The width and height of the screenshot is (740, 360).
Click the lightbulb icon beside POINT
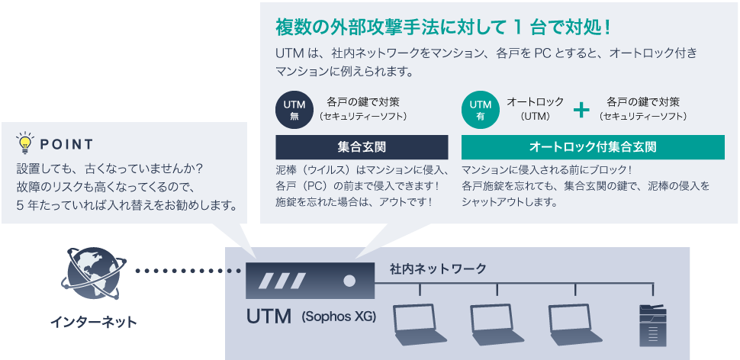[x=25, y=143]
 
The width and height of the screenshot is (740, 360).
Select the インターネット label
[x=94, y=322]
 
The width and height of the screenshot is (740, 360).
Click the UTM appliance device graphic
[x=310, y=280]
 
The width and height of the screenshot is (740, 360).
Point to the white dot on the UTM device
[x=349, y=280]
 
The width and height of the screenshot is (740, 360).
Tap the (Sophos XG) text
[x=339, y=316]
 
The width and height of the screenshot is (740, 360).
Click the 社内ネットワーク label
[x=437, y=269]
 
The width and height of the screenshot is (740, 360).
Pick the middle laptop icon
[x=496, y=324]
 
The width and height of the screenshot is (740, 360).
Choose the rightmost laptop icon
[x=574, y=324]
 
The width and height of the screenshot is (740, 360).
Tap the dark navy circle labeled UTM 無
[x=294, y=108]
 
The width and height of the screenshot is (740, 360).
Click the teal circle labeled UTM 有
[x=480, y=108]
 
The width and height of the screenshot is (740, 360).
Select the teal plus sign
[x=581, y=109]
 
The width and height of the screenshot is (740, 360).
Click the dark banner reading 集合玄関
[x=361, y=146]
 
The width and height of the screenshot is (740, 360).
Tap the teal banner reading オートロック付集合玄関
[x=592, y=146]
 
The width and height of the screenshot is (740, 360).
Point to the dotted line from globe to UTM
[x=183, y=271]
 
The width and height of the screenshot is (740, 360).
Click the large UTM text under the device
[x=268, y=315]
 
